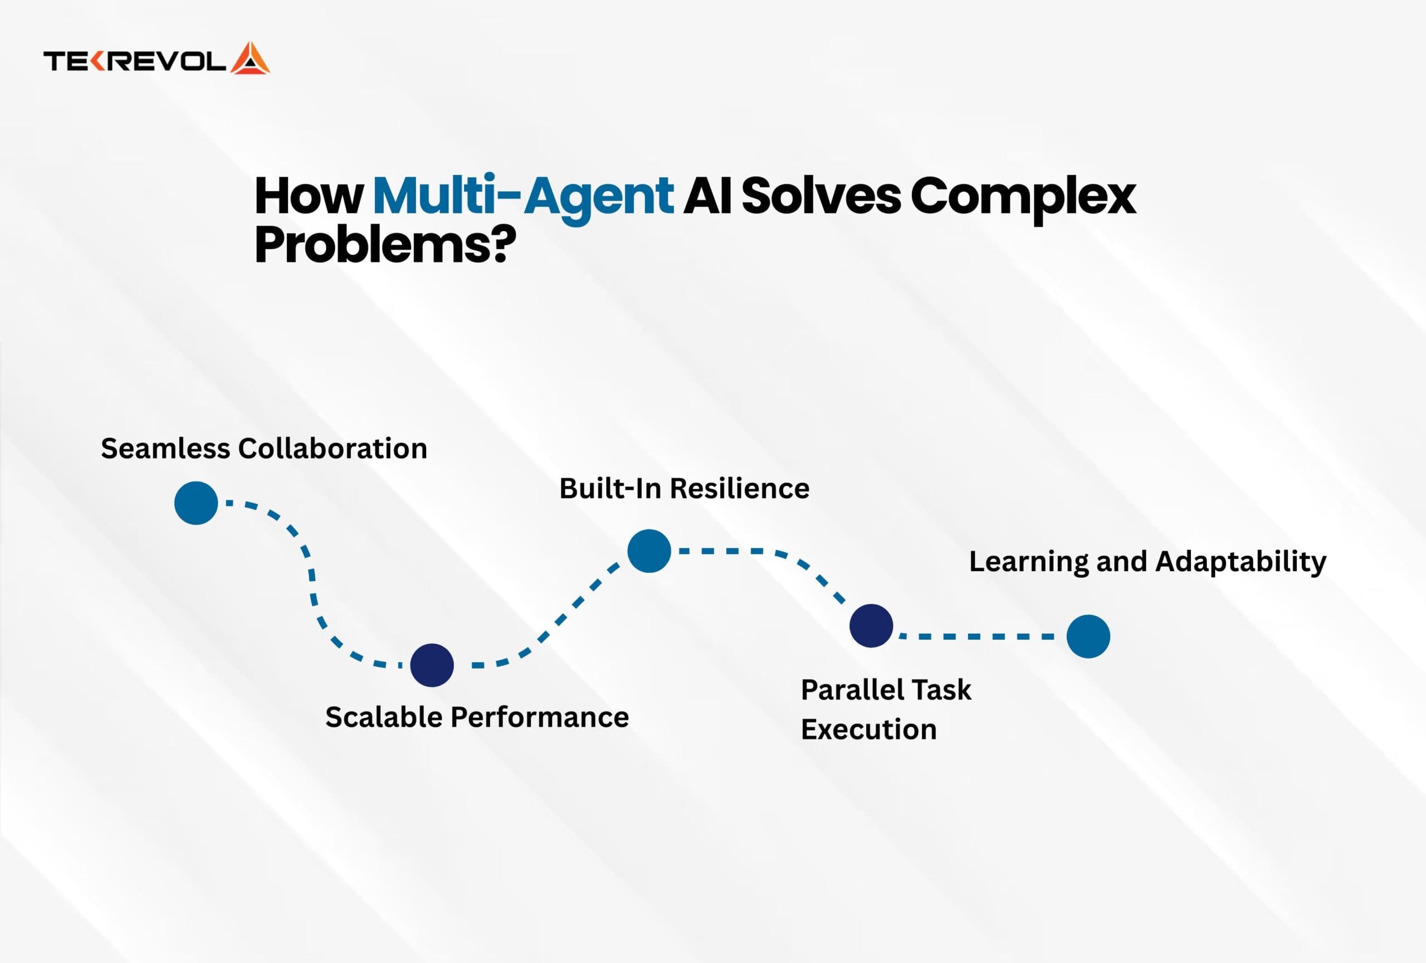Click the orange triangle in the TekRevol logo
(x=250, y=60)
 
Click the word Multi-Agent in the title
(x=523, y=196)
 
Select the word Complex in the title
(x=1023, y=196)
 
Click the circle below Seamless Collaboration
(x=196, y=503)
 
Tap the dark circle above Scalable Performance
(x=431, y=665)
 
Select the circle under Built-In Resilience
(x=648, y=551)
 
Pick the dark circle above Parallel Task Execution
(x=871, y=625)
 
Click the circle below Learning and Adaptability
(x=1088, y=636)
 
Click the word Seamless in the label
(x=165, y=449)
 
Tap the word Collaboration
(x=333, y=449)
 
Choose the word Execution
(x=868, y=729)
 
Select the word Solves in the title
(x=821, y=196)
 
